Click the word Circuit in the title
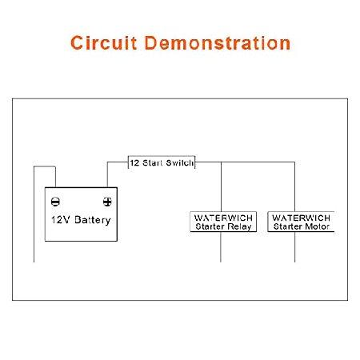[x=104, y=42]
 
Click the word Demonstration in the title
[x=218, y=42]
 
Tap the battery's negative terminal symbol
[x=55, y=202]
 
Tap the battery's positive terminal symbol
[x=107, y=202]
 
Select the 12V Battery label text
[x=81, y=220]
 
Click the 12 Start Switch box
[x=162, y=162]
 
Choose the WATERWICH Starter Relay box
[x=223, y=222]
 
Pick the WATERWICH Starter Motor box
[x=301, y=222]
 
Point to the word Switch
[x=179, y=162]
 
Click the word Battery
[x=93, y=220]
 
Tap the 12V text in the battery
[x=61, y=220]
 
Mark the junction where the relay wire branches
[x=221, y=162]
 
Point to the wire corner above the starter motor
[x=294, y=162]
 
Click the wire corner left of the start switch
[x=107, y=162]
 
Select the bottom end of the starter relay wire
[x=221, y=262]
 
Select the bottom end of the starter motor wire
[x=294, y=262]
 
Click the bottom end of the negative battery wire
[x=34, y=262]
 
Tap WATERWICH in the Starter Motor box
[x=302, y=218]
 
